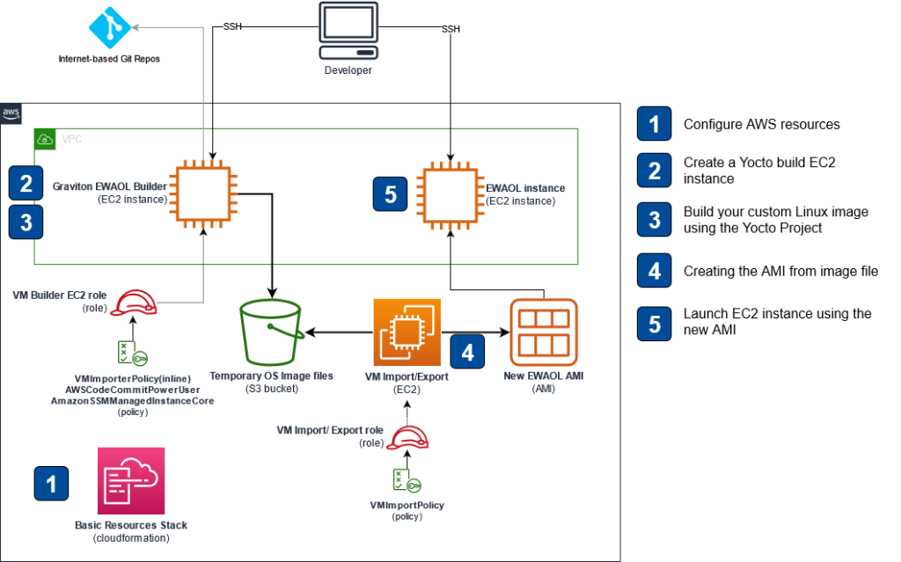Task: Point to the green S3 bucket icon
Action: click(x=273, y=331)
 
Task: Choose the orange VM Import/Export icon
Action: click(x=406, y=332)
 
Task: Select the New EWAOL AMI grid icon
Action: click(x=544, y=331)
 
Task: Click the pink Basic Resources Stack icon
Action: click(x=131, y=480)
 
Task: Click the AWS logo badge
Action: click(x=11, y=113)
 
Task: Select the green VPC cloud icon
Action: click(x=44, y=139)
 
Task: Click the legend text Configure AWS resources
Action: click(x=761, y=124)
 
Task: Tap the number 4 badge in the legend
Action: click(x=653, y=272)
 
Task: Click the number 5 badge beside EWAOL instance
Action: click(x=390, y=193)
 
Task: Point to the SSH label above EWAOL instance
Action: click(x=450, y=29)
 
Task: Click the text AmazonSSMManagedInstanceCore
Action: click(x=132, y=400)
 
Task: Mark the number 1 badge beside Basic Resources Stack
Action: click(x=51, y=483)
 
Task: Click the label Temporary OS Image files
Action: click(x=272, y=376)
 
